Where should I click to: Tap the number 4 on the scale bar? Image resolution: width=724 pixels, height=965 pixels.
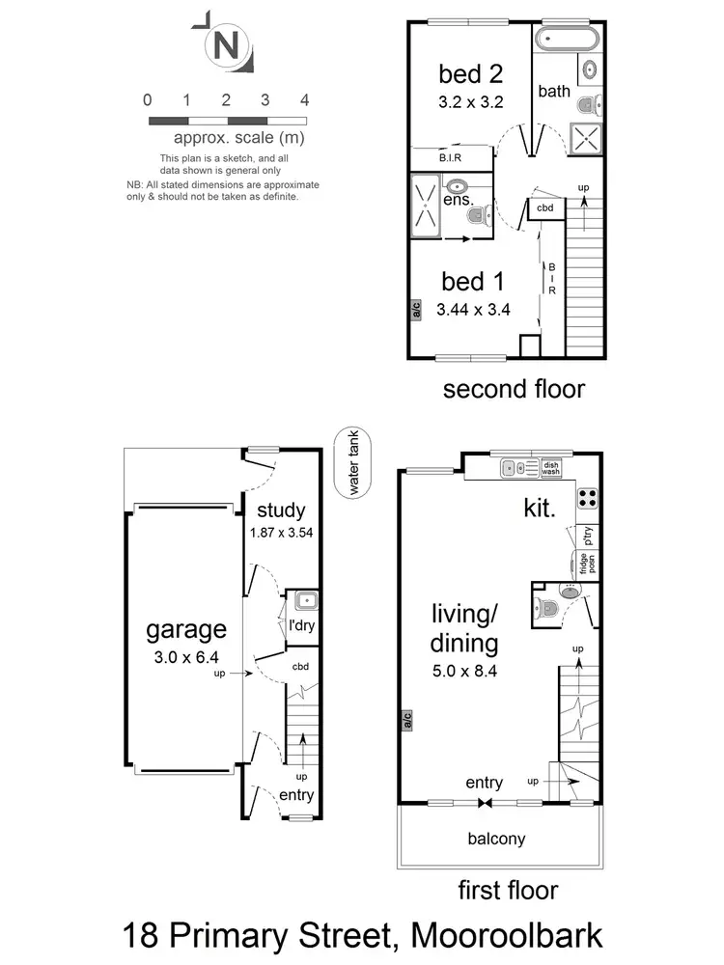pyautogui.click(x=305, y=100)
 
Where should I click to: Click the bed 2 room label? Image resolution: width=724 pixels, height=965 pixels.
pyautogui.click(x=470, y=73)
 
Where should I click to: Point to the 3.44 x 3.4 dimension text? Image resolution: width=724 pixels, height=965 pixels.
pyautogui.click(x=472, y=310)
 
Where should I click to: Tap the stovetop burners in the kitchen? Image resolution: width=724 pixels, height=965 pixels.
pyautogui.click(x=587, y=498)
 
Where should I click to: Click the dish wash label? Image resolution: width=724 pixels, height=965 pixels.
pyautogui.click(x=551, y=468)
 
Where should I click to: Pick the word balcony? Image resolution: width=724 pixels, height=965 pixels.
pyautogui.click(x=496, y=839)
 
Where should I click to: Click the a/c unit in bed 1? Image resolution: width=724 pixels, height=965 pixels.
pyautogui.click(x=416, y=310)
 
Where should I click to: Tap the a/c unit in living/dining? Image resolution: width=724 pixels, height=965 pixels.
pyautogui.click(x=407, y=720)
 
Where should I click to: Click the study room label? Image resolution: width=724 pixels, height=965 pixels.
pyautogui.click(x=282, y=510)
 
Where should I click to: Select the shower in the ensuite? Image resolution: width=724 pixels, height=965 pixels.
pyautogui.click(x=426, y=205)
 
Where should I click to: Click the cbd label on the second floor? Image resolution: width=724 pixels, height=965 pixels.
pyautogui.click(x=545, y=208)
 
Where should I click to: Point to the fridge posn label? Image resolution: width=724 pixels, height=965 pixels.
pyautogui.click(x=584, y=563)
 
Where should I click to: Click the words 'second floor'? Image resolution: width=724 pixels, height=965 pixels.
pyautogui.click(x=514, y=390)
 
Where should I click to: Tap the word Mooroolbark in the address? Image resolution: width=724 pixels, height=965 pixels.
pyautogui.click(x=507, y=935)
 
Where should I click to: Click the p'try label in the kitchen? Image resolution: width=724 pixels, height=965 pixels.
pyautogui.click(x=586, y=535)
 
